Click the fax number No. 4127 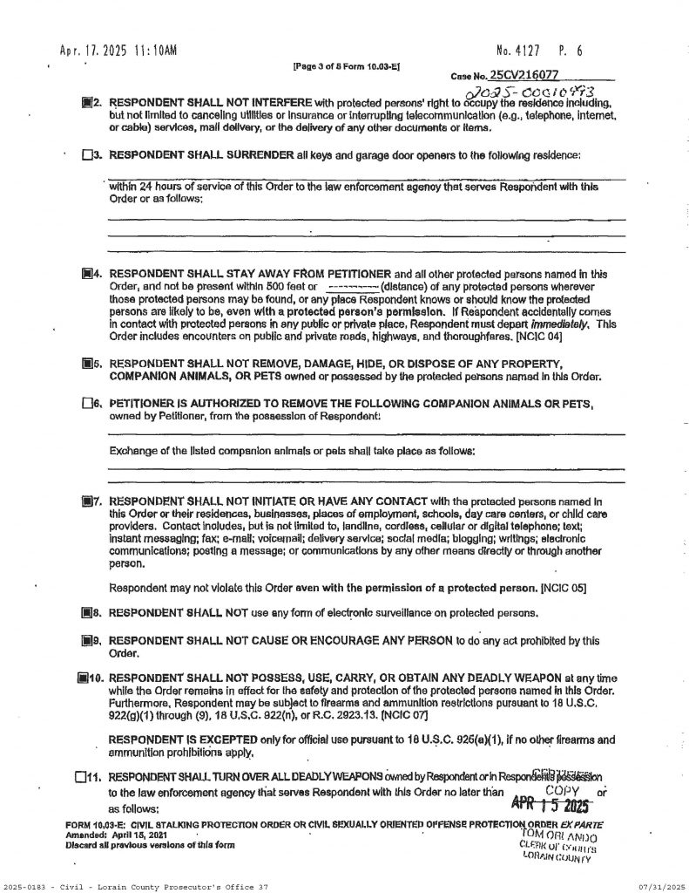pos(525,51)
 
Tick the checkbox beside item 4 pos(86,274)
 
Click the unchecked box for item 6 pos(86,404)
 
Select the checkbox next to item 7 pos(86,501)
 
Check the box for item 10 pos(84,677)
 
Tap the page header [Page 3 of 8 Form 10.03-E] pos(348,66)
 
